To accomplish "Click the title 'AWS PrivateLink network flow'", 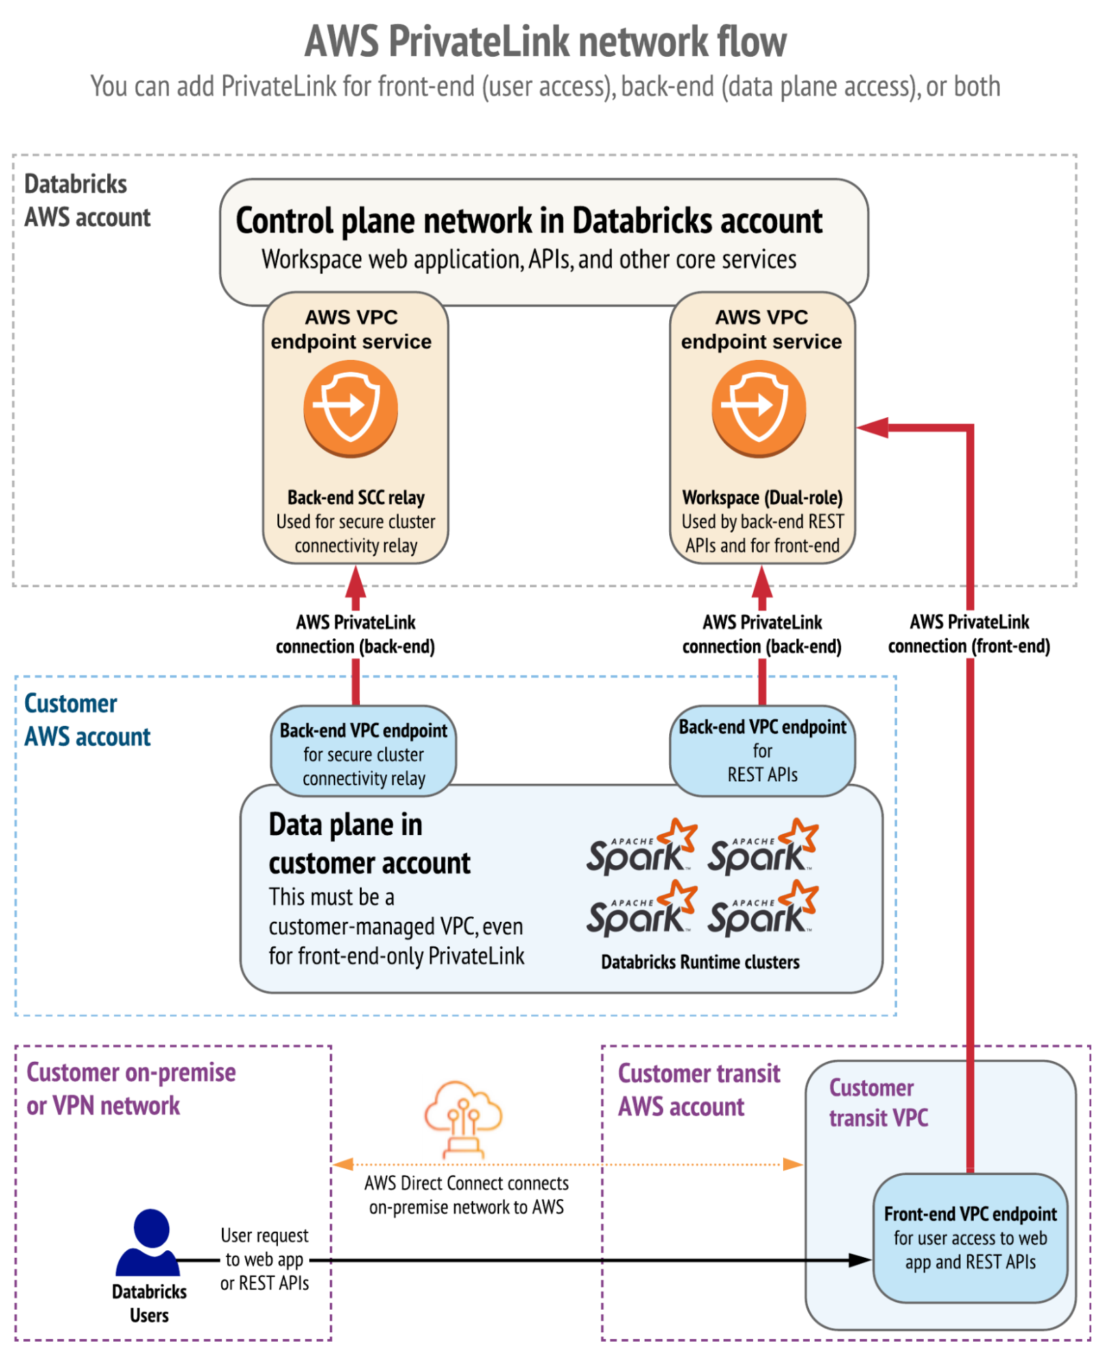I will click(545, 42).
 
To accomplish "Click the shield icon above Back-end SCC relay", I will click(351, 408).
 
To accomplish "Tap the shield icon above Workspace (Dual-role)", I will click(759, 408).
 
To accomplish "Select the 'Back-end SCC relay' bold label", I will click(356, 497).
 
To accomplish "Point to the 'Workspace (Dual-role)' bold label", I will click(762, 497).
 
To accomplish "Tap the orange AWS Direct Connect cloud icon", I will click(464, 1119).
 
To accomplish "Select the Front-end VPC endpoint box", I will click(970, 1237).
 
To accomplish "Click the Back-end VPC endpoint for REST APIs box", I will click(762, 750).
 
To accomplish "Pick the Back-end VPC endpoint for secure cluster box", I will click(363, 754).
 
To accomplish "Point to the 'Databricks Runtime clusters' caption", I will click(700, 962).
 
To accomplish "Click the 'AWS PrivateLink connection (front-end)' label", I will click(969, 634).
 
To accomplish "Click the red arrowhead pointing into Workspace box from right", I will click(872, 428).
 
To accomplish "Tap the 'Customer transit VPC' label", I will click(878, 1103).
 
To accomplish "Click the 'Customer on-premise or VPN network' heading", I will click(130, 1089).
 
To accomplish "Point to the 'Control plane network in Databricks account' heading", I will click(529, 221).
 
